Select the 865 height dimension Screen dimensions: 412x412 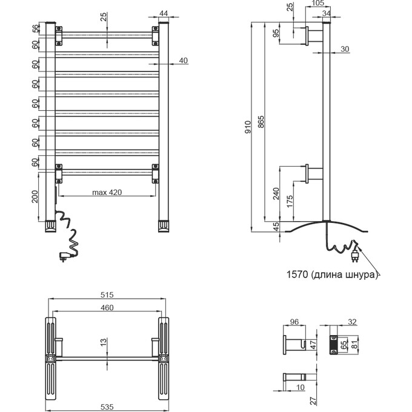261,124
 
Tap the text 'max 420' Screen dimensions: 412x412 107,193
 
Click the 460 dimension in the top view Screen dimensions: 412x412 107,308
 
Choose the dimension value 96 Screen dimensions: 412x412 295,322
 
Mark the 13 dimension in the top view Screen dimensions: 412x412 104,343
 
